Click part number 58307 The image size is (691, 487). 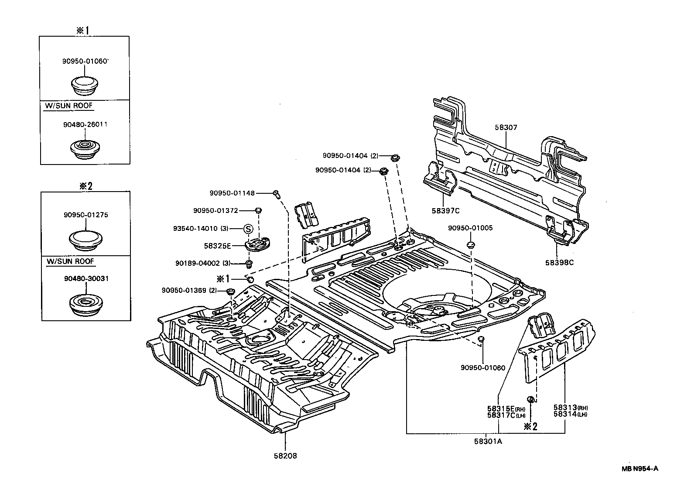tap(506, 127)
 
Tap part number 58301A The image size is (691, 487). tap(488, 441)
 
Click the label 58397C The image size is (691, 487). tap(446, 211)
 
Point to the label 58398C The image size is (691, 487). tap(559, 263)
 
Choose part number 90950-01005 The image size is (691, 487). tap(470, 228)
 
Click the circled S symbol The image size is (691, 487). tap(247, 229)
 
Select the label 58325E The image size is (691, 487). tap(217, 246)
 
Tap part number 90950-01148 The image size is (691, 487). tap(232, 193)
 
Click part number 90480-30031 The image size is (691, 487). tap(86, 278)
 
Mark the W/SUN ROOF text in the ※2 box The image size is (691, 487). tap(71, 261)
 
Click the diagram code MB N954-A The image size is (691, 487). tap(640, 469)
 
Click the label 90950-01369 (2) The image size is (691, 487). tap(189, 291)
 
